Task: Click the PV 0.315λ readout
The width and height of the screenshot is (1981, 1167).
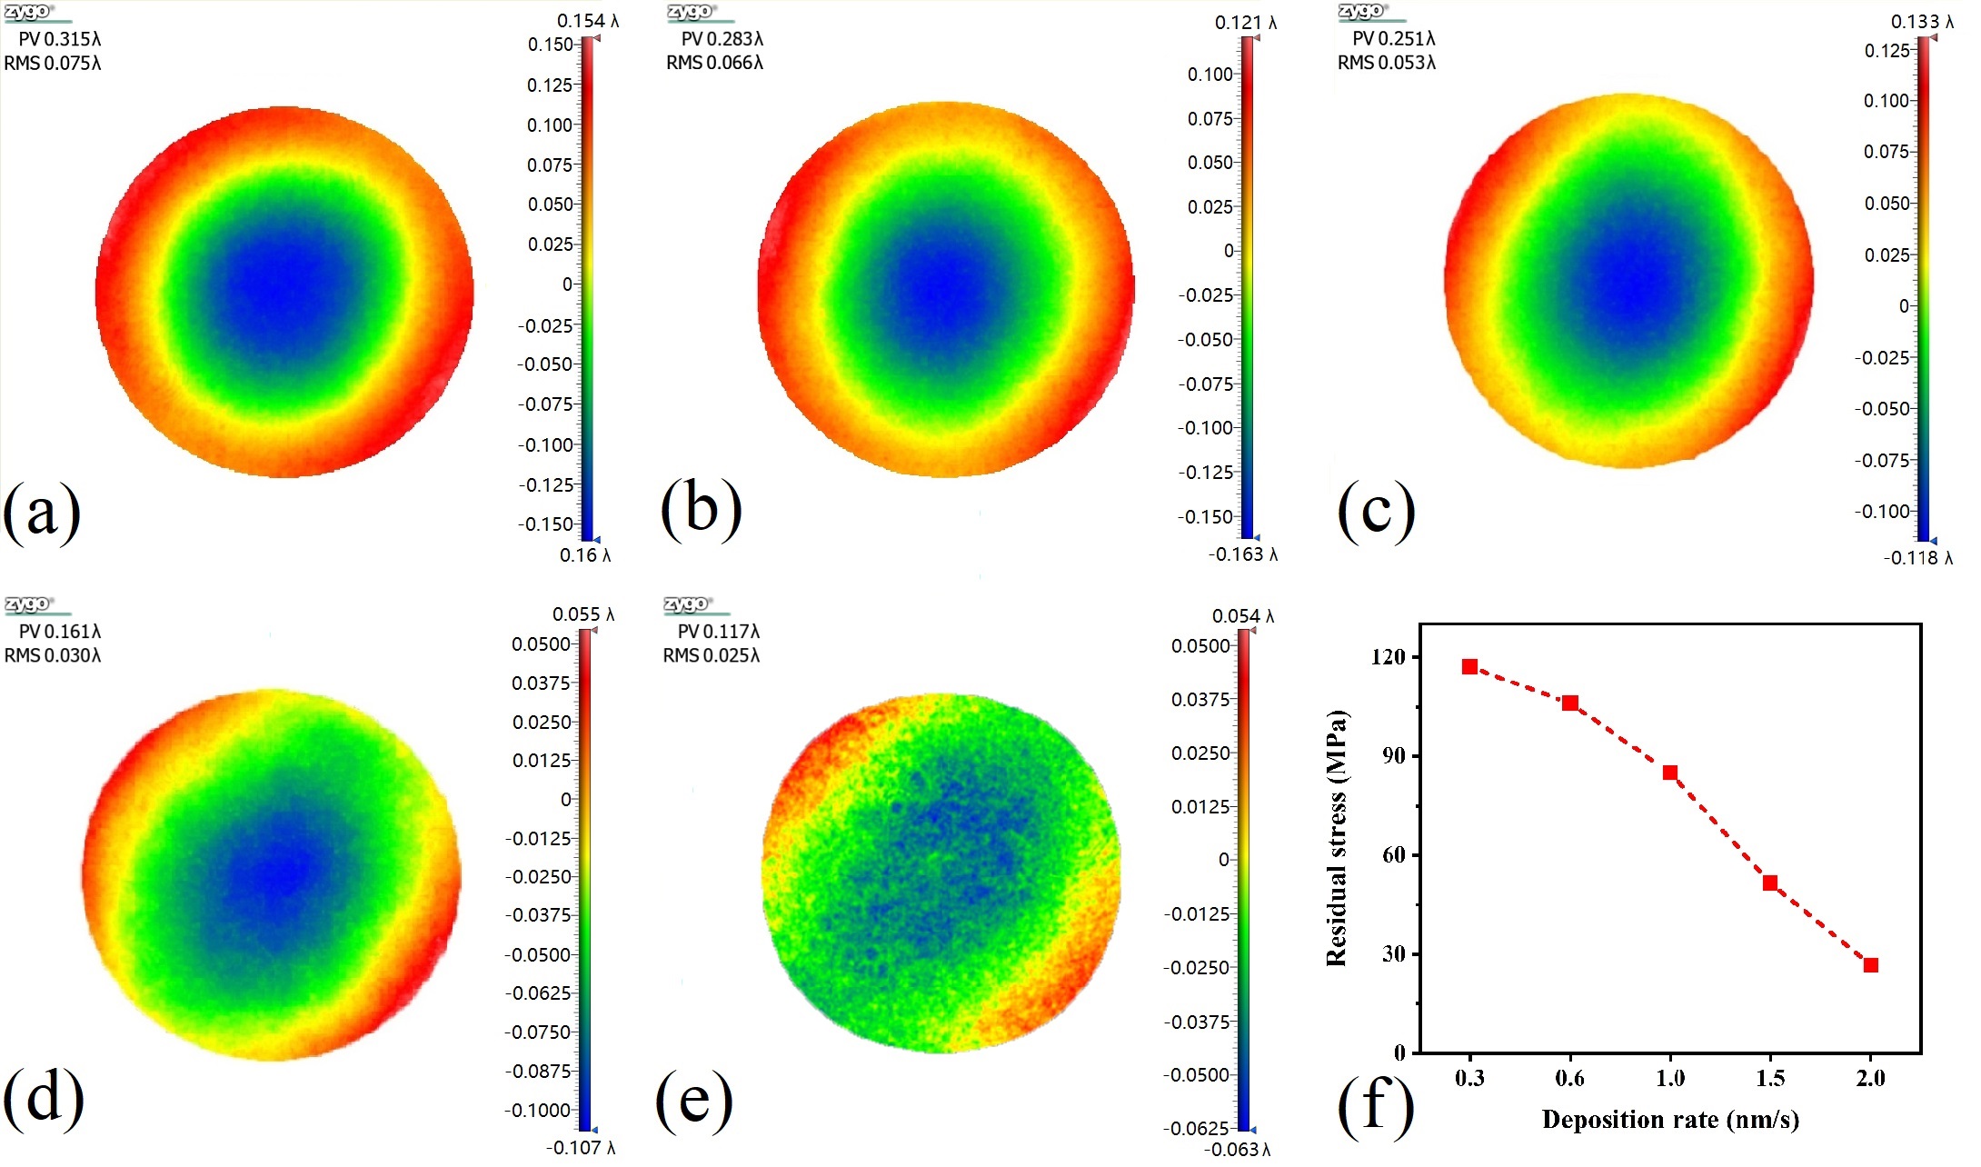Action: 60,39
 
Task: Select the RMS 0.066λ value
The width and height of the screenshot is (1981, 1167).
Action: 714,63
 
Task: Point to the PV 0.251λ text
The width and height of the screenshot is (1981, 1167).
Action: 1394,39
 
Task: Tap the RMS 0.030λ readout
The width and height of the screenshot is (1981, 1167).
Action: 53,655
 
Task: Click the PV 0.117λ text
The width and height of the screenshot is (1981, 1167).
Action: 718,631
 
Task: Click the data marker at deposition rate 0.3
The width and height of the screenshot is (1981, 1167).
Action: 1469,667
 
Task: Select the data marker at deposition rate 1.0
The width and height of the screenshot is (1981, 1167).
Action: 1670,773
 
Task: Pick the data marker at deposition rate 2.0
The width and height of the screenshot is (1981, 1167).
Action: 1870,965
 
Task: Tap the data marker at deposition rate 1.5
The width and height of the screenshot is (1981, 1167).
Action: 1770,883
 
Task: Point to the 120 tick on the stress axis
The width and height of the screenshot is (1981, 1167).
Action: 1388,656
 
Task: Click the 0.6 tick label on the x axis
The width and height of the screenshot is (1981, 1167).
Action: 1569,1078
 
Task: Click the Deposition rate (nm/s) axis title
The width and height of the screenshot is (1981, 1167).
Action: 1670,1119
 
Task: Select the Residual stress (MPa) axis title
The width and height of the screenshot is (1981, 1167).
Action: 1336,838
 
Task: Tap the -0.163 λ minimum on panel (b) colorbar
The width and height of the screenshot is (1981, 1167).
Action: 1243,554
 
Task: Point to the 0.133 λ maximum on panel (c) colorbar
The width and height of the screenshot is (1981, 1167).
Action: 1922,21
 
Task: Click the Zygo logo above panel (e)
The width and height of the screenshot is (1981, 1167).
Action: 689,604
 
